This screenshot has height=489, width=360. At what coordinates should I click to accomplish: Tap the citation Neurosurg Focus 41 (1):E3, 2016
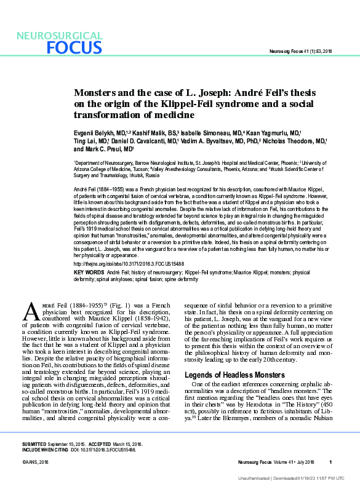302,51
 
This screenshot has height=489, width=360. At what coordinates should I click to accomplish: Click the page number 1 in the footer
330,462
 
